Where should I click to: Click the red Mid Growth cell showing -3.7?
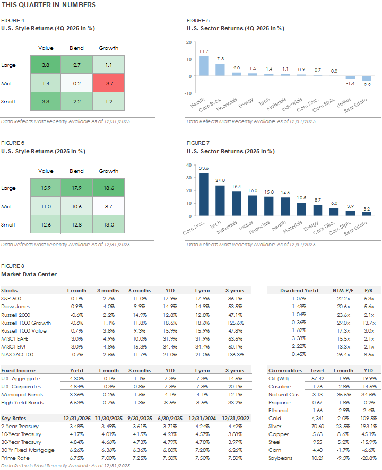108,83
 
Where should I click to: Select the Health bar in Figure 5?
204,66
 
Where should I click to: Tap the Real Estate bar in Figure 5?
366,79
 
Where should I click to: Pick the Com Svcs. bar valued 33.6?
204,196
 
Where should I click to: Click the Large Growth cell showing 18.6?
108,188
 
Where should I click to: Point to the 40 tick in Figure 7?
189,165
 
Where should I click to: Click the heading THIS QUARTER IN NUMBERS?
49,5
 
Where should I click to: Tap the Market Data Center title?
29,274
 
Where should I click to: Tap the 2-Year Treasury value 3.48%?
76,426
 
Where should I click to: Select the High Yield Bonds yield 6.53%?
76,403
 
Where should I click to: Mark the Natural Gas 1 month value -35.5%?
340,395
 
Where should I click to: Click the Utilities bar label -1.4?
350,84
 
